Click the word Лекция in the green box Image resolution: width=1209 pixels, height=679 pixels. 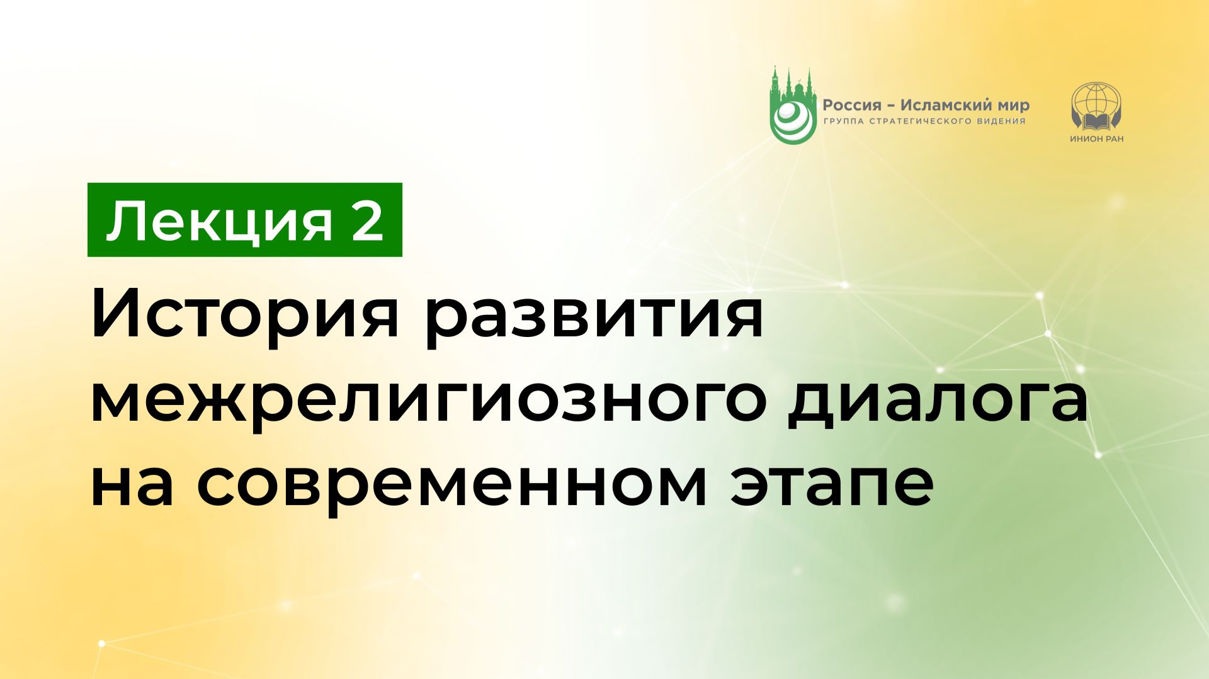pos(219,222)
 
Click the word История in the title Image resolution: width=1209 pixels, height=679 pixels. pos(246,315)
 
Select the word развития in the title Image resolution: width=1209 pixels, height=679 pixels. pos(593,315)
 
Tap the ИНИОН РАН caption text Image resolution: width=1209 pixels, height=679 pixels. pos(1096,139)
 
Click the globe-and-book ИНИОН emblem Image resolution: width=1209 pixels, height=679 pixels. pos(1096,106)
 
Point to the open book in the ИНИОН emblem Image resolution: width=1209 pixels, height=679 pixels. pos(1096,120)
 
